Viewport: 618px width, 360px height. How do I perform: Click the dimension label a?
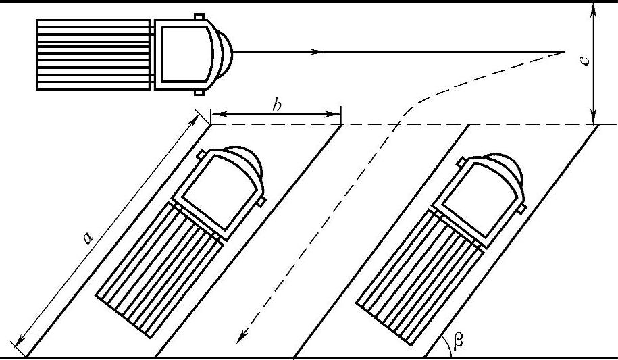(88, 238)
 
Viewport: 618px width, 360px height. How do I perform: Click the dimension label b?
(277, 105)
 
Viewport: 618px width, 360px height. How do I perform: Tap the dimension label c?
(586, 60)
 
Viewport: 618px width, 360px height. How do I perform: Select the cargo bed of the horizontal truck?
(93, 55)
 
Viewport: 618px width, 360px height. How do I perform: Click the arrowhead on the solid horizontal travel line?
(317, 51)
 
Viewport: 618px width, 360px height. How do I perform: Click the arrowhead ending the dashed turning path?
(242, 337)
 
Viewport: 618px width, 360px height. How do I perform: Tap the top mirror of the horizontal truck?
(199, 16)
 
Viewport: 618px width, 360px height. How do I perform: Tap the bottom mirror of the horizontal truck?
(199, 93)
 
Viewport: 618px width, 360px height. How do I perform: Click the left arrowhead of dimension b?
(218, 114)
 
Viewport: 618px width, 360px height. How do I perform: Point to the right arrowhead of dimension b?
(334, 114)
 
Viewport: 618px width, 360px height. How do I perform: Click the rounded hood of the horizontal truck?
(224, 53)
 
